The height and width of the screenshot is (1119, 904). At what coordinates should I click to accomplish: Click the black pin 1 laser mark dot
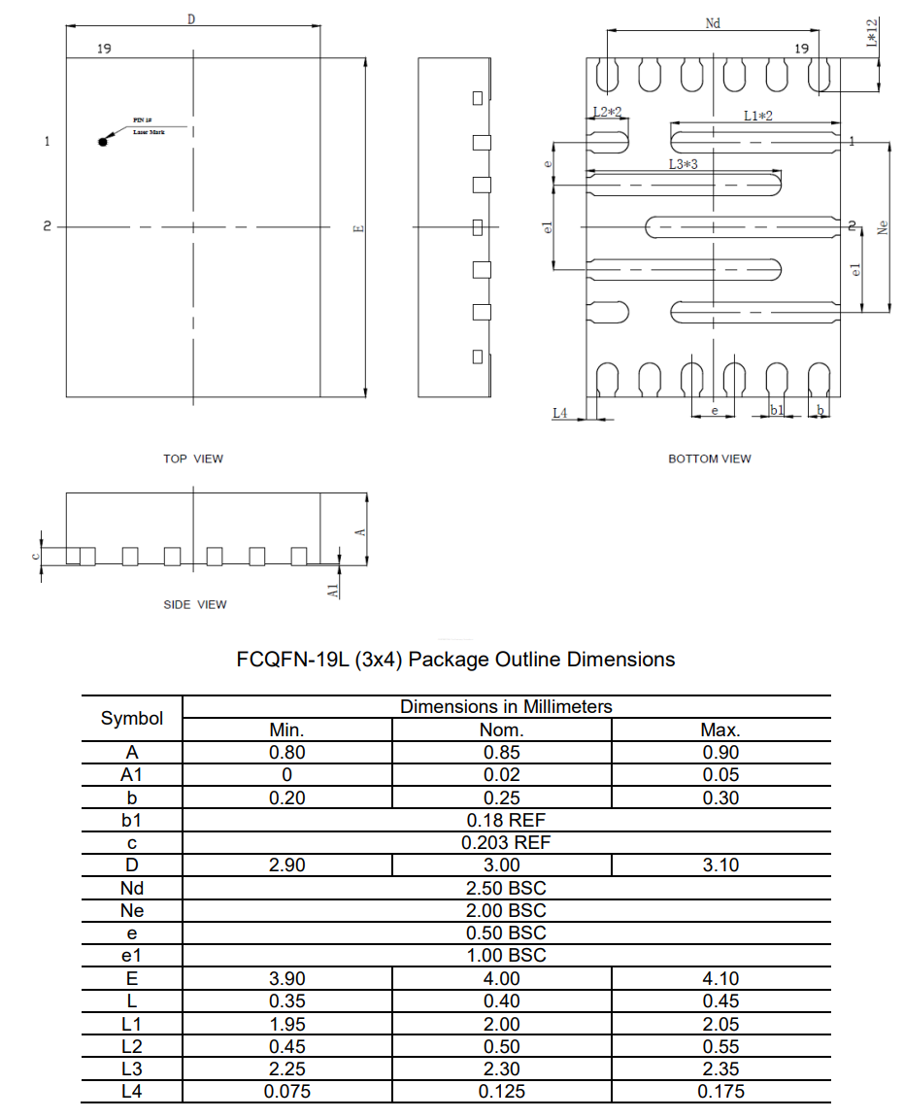103,143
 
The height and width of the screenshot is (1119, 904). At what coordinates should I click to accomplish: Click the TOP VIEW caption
192,458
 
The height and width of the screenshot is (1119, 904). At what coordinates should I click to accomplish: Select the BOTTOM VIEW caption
709,458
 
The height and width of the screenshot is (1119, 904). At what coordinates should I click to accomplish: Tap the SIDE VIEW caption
194,604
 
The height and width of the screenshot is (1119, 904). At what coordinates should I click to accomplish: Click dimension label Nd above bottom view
713,23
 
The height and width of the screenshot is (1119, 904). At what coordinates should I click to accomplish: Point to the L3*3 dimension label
683,165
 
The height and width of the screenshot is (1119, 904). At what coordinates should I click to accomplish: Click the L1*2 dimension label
757,116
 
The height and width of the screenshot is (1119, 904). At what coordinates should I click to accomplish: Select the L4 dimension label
559,413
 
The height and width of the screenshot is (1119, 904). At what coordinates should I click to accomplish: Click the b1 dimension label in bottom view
776,411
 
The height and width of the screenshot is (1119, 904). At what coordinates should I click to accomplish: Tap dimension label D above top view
191,19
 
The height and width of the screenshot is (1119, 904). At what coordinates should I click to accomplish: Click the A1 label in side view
333,589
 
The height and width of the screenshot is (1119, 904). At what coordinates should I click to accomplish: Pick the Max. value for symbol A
720,752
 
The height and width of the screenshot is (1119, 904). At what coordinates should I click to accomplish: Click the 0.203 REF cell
506,842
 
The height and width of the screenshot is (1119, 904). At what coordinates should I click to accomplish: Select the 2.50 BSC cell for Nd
506,888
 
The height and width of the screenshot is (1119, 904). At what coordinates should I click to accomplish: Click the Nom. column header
502,729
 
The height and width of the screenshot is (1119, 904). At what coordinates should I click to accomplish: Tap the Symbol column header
132,719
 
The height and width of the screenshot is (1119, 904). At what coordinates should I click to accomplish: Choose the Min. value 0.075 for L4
287,1091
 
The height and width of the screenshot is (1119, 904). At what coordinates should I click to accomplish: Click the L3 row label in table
132,1068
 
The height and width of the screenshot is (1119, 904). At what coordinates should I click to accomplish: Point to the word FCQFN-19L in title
292,660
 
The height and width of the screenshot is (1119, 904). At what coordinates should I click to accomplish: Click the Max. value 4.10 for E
720,977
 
